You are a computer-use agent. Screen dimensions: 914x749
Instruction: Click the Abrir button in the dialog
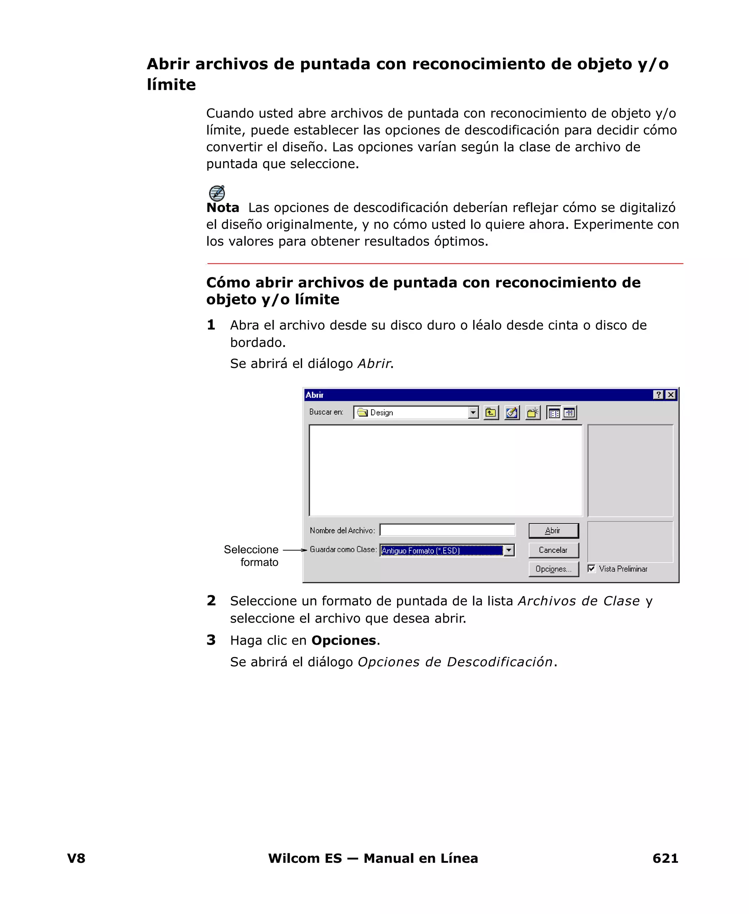click(x=553, y=531)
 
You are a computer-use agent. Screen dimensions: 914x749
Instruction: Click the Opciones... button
click(x=553, y=569)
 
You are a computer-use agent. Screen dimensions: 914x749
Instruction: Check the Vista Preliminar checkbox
click(x=591, y=568)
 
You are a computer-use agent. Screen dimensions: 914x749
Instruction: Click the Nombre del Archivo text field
click(x=447, y=530)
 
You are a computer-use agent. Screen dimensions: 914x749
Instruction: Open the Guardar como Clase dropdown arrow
click(x=509, y=551)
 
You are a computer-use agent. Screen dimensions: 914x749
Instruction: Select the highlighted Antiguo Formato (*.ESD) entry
click(x=441, y=551)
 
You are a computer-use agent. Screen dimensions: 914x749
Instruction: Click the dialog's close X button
click(x=670, y=395)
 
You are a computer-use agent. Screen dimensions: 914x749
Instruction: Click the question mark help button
click(x=658, y=395)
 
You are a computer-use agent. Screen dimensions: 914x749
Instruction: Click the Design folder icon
click(x=362, y=412)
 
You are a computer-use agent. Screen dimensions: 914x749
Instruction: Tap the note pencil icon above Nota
click(x=217, y=193)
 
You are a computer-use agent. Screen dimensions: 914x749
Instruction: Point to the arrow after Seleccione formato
click(x=295, y=550)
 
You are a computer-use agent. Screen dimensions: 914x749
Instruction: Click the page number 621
click(x=665, y=858)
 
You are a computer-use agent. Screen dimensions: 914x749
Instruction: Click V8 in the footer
click(x=76, y=858)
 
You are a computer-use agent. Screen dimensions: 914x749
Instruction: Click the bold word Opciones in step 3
click(x=343, y=640)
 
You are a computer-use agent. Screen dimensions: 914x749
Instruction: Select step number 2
click(x=211, y=601)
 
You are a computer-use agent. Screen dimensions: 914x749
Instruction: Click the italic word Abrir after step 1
click(x=374, y=363)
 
